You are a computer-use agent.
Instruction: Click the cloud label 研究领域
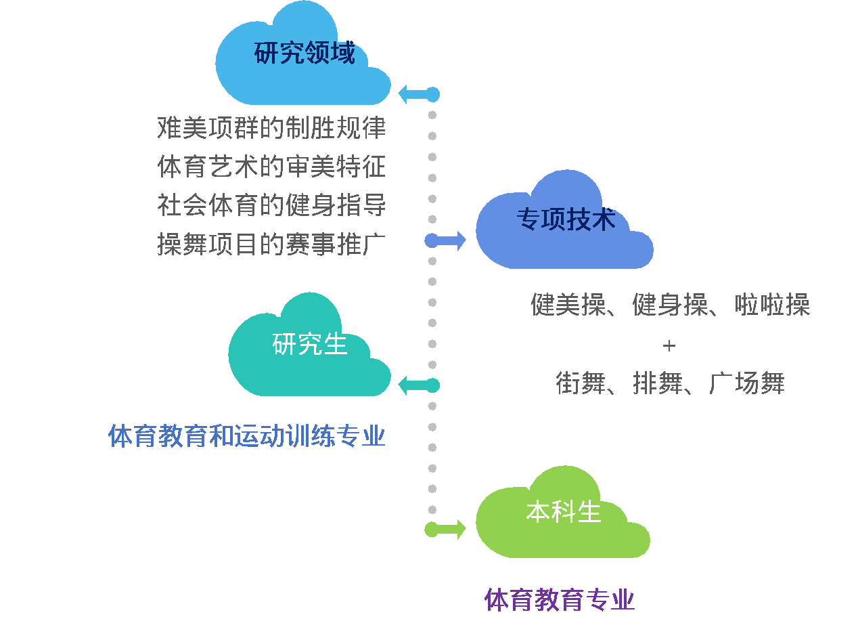(x=305, y=53)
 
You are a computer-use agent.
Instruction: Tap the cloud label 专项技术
(x=566, y=219)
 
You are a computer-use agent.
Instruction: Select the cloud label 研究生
(x=309, y=344)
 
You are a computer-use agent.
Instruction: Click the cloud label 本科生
(x=564, y=511)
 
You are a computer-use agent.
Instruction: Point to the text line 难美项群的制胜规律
(x=271, y=127)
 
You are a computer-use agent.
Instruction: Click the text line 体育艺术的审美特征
(x=271, y=166)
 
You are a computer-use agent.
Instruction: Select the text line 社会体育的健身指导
(x=271, y=205)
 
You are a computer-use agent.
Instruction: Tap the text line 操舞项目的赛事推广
(x=271, y=244)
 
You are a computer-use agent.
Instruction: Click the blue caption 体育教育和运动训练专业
(x=247, y=436)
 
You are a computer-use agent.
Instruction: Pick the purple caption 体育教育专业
(x=560, y=600)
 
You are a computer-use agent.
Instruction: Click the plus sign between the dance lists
(x=669, y=345)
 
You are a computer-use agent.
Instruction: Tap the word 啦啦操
(x=772, y=305)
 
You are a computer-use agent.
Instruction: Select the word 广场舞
(x=747, y=383)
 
